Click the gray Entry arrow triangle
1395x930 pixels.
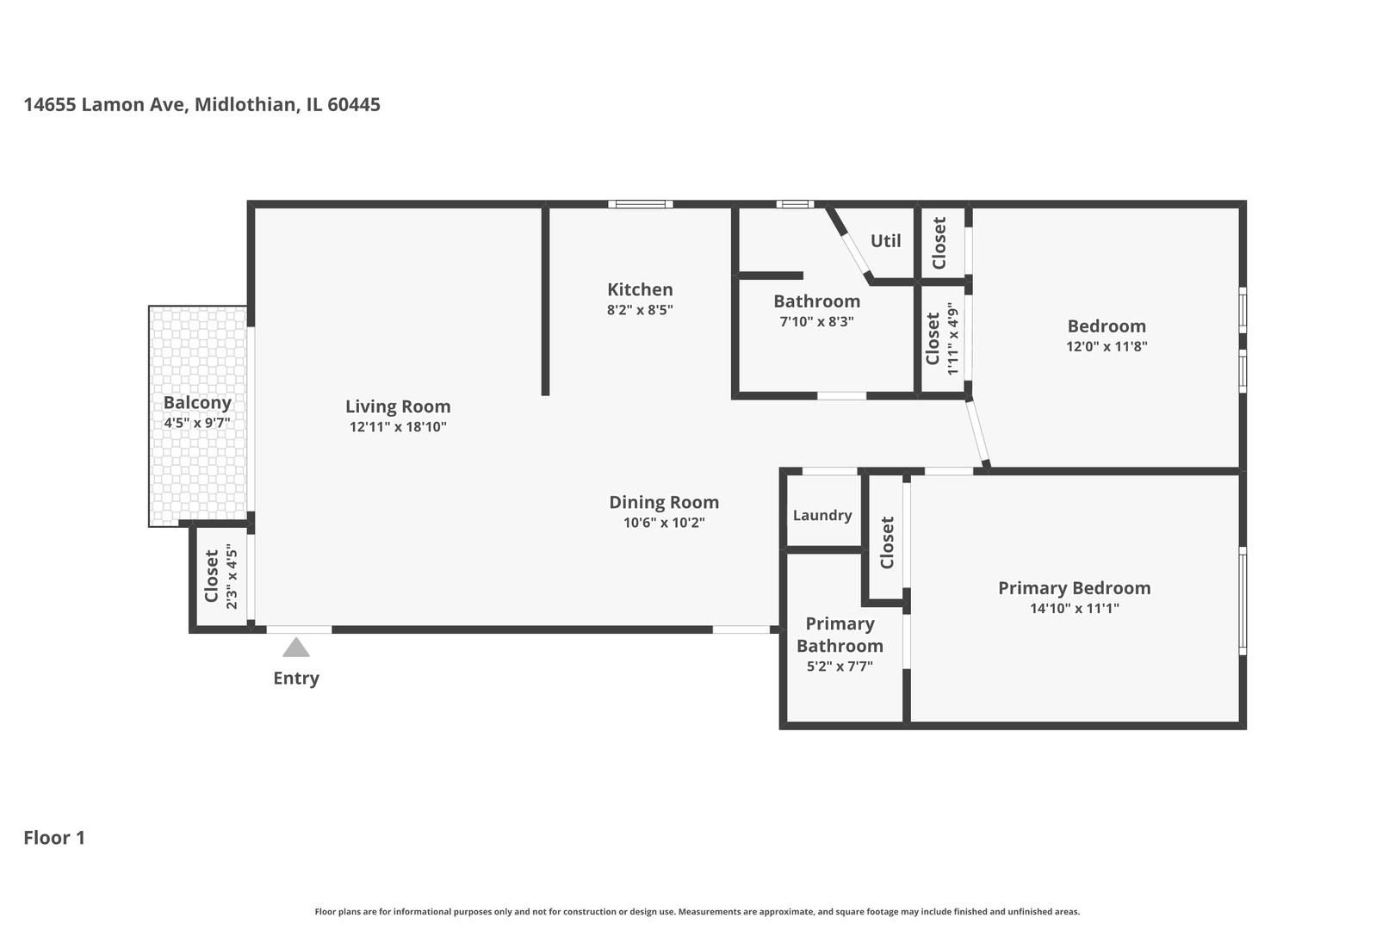[296, 648]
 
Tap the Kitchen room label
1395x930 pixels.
[640, 289]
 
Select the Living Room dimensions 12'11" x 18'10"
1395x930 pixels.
[398, 427]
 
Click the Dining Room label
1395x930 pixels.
[664, 502]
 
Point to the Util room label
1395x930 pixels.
[885, 241]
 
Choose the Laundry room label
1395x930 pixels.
[822, 515]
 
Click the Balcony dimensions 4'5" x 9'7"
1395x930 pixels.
[197, 423]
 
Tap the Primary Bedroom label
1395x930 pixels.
[1074, 588]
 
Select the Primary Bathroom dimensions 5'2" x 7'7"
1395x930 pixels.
[840, 666]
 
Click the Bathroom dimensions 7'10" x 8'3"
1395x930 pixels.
[816, 322]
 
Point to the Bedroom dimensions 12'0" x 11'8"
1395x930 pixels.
[1107, 346]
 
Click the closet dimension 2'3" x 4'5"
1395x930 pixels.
[231, 577]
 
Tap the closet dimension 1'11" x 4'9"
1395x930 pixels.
[952, 338]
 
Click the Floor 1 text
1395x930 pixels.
[54, 837]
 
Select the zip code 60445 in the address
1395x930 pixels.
[354, 105]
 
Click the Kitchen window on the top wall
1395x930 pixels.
[641, 204]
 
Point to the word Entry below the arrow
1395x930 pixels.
[296, 679]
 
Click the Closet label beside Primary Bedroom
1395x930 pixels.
[887, 542]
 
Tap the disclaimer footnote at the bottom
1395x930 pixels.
[697, 911]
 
